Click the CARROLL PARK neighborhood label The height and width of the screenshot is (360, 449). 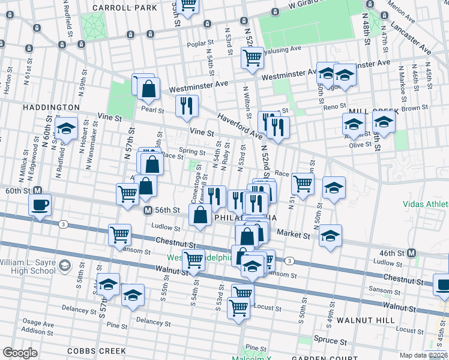pyautogui.click(x=125, y=8)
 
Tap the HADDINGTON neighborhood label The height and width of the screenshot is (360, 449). pyautogui.click(x=51, y=107)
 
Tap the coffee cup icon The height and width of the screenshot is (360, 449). pyautogui.click(x=40, y=205)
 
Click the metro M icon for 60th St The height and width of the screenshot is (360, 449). pyautogui.click(x=37, y=190)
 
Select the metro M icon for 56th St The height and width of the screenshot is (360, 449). pyautogui.click(x=147, y=211)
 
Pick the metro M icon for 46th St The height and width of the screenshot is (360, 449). pyautogui.click(x=411, y=253)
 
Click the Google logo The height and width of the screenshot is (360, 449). pyautogui.click(x=20, y=353)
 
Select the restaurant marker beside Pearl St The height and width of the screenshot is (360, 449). pyautogui.click(x=187, y=106)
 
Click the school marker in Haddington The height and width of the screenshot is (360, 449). pyautogui.click(x=66, y=128)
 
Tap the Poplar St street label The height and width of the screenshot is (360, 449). pyautogui.click(x=201, y=44)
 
